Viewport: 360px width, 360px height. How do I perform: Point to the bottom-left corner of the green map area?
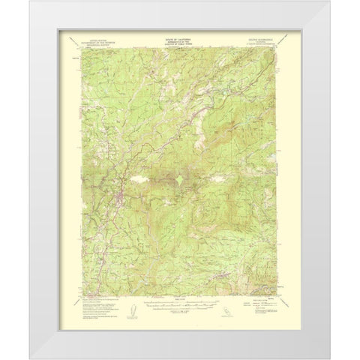(x=81, y=296)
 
